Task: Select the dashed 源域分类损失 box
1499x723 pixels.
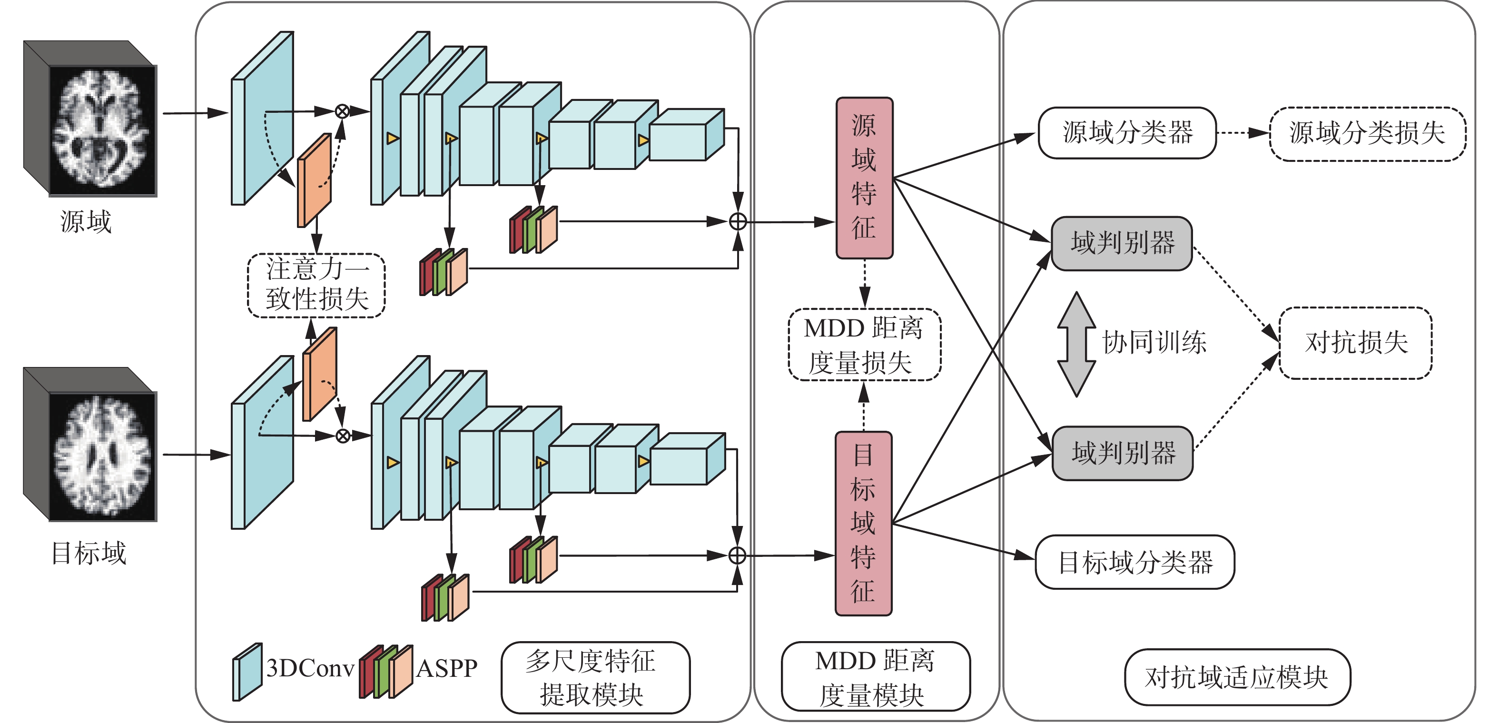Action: pyautogui.click(x=1367, y=134)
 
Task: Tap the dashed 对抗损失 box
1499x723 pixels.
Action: pyautogui.click(x=1355, y=343)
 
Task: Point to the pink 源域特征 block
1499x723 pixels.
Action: pyautogui.click(x=864, y=178)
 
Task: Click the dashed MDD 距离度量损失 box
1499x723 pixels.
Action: pyautogui.click(x=864, y=345)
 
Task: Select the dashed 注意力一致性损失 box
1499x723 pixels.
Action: pyautogui.click(x=316, y=285)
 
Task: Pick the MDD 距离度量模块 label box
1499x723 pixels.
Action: pyautogui.click(x=875, y=677)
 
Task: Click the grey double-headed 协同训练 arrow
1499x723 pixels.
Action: pyautogui.click(x=1076, y=344)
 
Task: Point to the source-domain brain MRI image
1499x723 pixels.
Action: pyautogui.click(x=102, y=129)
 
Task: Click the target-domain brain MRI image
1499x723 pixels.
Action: pyautogui.click(x=102, y=455)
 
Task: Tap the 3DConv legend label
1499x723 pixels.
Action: pyautogui.click(x=310, y=669)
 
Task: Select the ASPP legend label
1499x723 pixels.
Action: pyautogui.click(x=446, y=669)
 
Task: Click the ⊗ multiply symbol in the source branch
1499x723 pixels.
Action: pyautogui.click(x=342, y=111)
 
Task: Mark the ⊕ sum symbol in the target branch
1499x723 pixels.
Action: pyautogui.click(x=737, y=555)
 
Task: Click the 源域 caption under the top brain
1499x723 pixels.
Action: pyautogui.click(x=86, y=222)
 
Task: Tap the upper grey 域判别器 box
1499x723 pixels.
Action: pyautogui.click(x=1122, y=243)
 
